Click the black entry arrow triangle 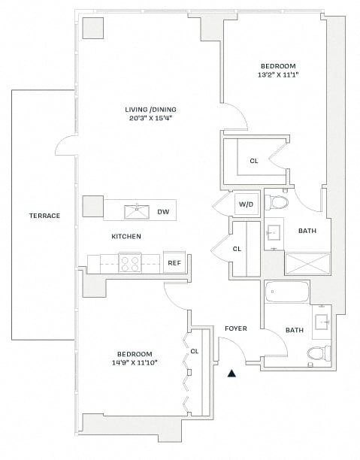click(x=231, y=373)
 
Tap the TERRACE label click(x=44, y=216)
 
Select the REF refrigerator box click(x=174, y=262)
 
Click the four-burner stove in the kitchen click(x=130, y=263)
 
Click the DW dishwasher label click(x=163, y=211)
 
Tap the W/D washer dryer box click(x=247, y=204)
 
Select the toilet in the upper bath click(x=277, y=202)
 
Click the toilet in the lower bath click(x=319, y=353)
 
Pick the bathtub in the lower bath click(x=286, y=292)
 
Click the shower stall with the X click(x=308, y=264)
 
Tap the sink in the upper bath click(x=274, y=234)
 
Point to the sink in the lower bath click(x=322, y=322)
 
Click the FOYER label click(x=236, y=328)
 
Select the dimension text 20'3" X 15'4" click(x=150, y=119)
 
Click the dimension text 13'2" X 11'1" click(x=278, y=75)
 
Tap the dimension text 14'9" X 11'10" click(x=135, y=363)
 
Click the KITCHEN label click(x=126, y=236)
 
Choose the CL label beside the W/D click(x=237, y=249)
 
